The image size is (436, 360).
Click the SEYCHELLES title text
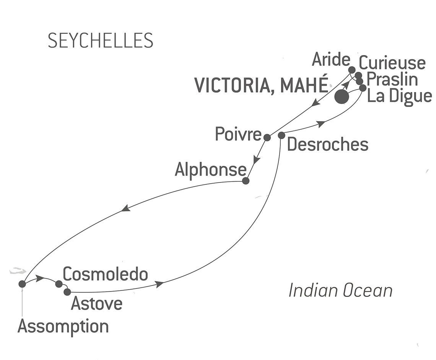coord(100,40)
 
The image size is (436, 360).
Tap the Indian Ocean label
coord(341,290)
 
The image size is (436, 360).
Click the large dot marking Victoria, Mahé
coord(342,97)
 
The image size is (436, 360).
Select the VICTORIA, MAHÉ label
coord(261,85)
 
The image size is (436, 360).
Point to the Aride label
coord(331,60)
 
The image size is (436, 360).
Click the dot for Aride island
coord(352,70)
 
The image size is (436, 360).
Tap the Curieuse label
coord(392,63)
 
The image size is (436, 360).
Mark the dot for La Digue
coord(363,88)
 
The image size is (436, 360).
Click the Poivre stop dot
coord(267,137)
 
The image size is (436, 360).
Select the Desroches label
coord(327,144)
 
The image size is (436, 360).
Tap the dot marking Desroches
coord(281,135)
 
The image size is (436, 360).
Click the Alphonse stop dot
coord(246,181)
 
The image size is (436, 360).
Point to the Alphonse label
coord(211,170)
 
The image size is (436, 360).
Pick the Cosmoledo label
coord(106,275)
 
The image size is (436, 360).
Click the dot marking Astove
coord(67,292)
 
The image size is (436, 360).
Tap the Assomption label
coord(63,327)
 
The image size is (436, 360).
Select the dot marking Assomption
coord(22,284)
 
